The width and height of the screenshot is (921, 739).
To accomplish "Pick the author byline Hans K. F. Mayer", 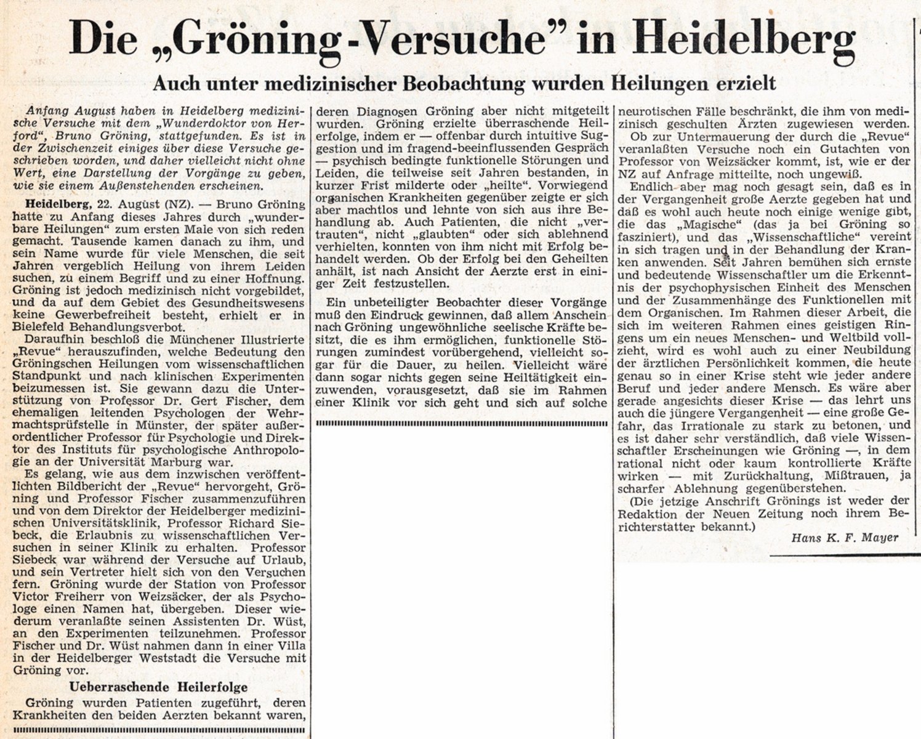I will tap(845, 537).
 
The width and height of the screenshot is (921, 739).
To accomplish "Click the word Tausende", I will tap(76, 241).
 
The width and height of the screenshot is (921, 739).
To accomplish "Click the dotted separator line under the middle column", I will tap(461, 423).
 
